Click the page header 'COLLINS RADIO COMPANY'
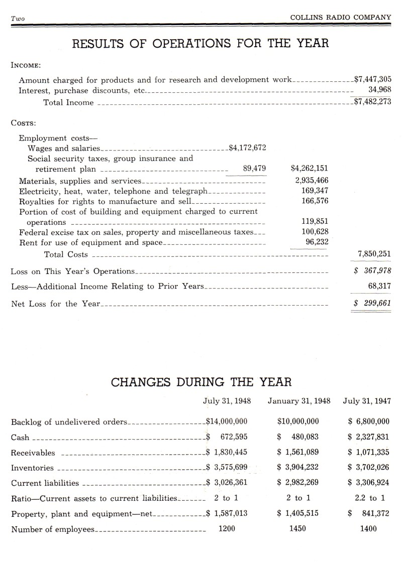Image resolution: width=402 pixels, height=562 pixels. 341,17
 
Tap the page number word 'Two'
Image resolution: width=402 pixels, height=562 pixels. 18,19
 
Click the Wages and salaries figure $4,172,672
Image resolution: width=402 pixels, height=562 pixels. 247,148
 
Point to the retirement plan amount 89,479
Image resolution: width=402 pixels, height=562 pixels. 254,168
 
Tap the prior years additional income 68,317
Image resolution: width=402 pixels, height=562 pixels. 379,286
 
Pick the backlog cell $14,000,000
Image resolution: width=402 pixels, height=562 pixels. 227,421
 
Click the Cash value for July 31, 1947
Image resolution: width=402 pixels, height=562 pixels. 369,437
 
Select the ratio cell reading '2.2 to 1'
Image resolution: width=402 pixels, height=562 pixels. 369,498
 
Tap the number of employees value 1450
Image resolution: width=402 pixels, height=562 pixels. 298,528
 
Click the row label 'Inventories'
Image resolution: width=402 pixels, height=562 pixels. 32,468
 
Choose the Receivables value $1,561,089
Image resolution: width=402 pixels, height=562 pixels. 298,452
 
